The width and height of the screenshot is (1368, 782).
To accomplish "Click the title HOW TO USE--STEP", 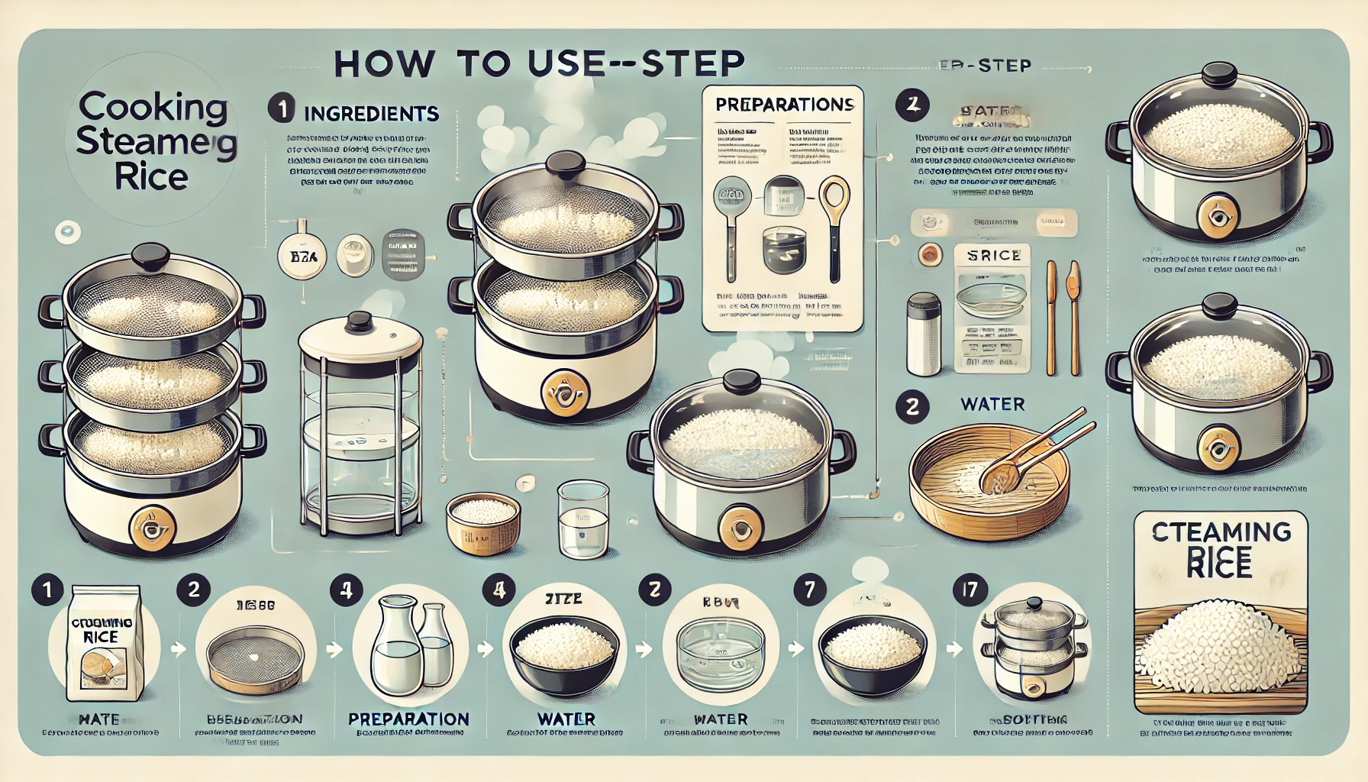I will [x=539, y=64].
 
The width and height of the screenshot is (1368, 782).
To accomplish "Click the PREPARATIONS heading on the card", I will [x=784, y=105].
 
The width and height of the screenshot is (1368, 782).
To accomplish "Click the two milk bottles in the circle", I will [x=410, y=648].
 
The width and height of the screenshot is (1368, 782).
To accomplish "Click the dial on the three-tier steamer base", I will [x=153, y=526].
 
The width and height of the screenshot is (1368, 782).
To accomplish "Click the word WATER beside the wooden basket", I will [x=992, y=404].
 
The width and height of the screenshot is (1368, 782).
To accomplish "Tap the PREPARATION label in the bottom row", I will [x=408, y=719].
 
